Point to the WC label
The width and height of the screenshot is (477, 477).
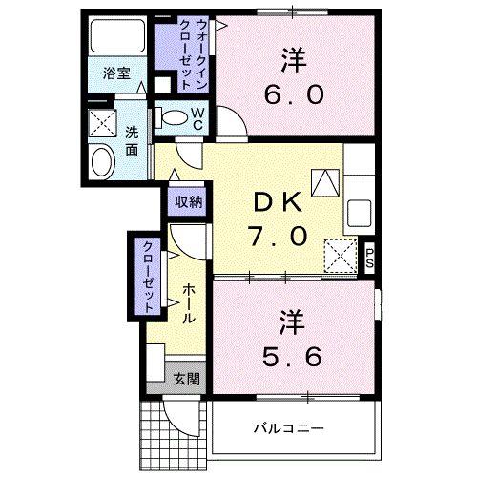click(x=197, y=118)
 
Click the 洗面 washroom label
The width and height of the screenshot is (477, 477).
click(x=132, y=141)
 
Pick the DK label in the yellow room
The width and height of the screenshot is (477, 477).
click(x=277, y=203)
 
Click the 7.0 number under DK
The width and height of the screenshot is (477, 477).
click(x=278, y=234)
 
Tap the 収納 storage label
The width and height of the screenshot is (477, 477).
click(x=187, y=201)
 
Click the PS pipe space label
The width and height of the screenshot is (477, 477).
click(x=371, y=255)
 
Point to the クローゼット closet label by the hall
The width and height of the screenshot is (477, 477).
click(x=150, y=277)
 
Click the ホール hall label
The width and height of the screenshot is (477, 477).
click(x=187, y=302)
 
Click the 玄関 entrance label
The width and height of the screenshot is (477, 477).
click(x=186, y=379)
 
